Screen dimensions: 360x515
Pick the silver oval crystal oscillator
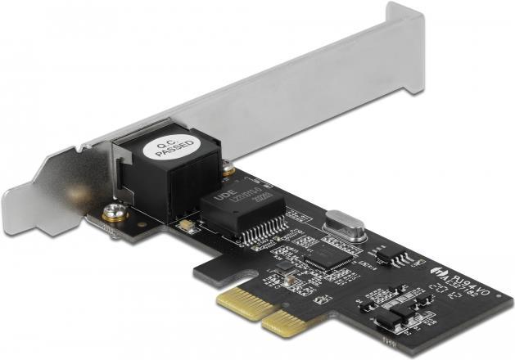pos(342,224)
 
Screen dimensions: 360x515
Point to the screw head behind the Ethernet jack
pos(228,170)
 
